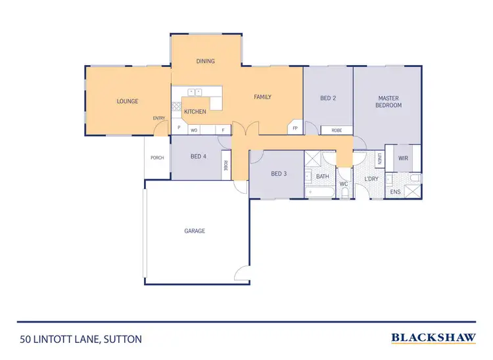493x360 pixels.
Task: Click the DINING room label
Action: (x=206, y=61)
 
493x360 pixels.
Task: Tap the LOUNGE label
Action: (x=127, y=101)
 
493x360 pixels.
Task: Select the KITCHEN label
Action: (x=195, y=112)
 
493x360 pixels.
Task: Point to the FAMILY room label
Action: (x=262, y=97)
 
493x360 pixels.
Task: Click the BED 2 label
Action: (x=328, y=98)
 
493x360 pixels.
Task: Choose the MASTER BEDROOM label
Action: (x=388, y=102)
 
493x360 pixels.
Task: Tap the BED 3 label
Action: (x=279, y=173)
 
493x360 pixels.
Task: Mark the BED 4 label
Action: (x=198, y=156)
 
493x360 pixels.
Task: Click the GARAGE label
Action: (x=195, y=231)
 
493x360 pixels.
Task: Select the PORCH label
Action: (x=157, y=158)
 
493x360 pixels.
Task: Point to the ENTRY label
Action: (x=159, y=118)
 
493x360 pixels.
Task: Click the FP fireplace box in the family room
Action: (x=295, y=128)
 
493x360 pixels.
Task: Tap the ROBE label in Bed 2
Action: (x=337, y=130)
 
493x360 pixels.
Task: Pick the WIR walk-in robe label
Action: (x=403, y=158)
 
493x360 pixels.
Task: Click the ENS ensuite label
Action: (x=395, y=192)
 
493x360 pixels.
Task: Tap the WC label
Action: (x=343, y=184)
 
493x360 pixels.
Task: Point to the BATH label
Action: (x=322, y=176)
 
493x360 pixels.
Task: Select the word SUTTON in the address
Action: (x=122, y=339)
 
